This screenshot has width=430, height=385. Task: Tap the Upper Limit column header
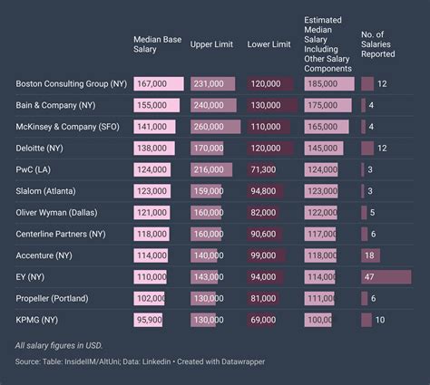212,44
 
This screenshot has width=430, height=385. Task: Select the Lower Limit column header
269,44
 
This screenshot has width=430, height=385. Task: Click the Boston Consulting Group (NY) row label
71,84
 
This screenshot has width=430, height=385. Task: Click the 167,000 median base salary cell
151,84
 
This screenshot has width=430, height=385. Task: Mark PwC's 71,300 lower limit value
265,169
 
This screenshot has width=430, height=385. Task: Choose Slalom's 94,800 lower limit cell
265,191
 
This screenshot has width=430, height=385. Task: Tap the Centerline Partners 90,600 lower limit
265,234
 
